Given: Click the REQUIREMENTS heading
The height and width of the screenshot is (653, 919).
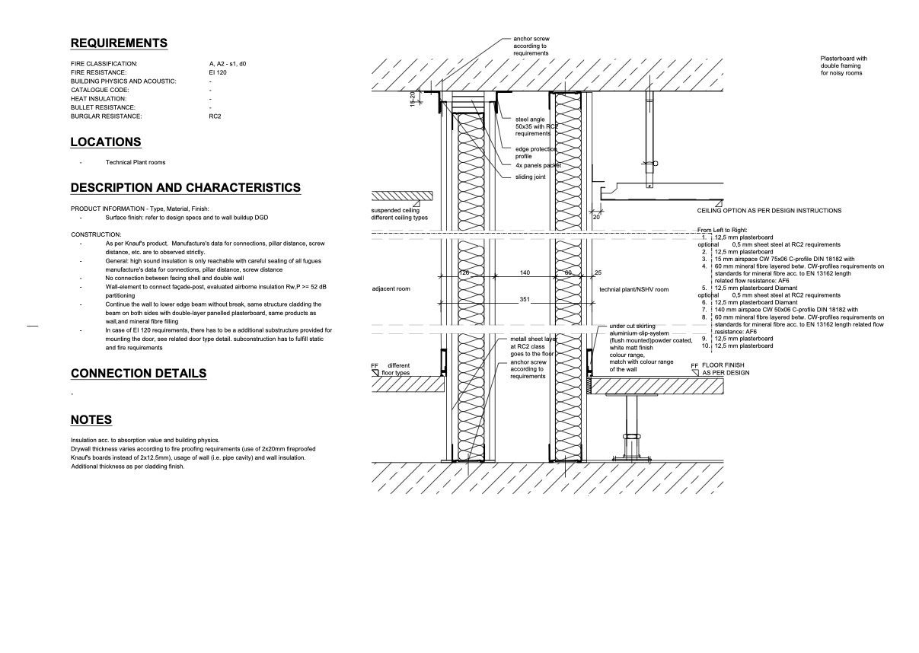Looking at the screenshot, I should (119, 43).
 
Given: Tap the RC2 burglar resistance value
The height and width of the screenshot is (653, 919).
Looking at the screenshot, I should (215, 116).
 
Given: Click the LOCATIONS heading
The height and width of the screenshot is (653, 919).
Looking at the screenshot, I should (106, 142).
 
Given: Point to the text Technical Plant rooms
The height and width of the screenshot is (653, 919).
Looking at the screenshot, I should (135, 162).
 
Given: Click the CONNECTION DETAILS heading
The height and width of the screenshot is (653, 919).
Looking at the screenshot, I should (139, 374).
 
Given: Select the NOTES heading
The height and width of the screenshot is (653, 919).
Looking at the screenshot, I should (91, 420).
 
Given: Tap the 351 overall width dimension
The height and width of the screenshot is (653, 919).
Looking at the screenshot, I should (525, 299).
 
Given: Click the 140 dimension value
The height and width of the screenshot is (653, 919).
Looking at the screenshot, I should (525, 272).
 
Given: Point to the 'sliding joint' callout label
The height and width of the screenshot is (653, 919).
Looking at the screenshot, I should (531, 177).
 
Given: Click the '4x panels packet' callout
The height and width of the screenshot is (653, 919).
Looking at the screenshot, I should (538, 165).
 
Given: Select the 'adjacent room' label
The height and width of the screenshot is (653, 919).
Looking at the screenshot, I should (391, 290).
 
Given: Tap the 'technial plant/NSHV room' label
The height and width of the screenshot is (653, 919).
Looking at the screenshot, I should (634, 290).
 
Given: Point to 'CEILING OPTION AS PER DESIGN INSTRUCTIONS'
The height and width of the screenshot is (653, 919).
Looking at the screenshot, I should (769, 211).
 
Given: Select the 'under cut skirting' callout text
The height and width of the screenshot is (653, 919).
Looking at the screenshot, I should (632, 326).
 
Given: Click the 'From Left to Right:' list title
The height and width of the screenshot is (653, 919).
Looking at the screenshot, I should (723, 230).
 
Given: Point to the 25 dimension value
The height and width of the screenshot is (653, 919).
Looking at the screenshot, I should (598, 272).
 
